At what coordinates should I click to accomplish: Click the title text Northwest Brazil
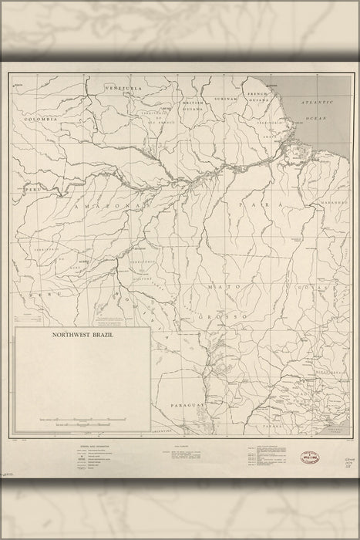pos(82,336)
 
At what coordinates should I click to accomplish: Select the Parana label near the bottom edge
pos(274,425)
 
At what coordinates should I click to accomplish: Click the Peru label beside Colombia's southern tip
pos(32,188)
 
